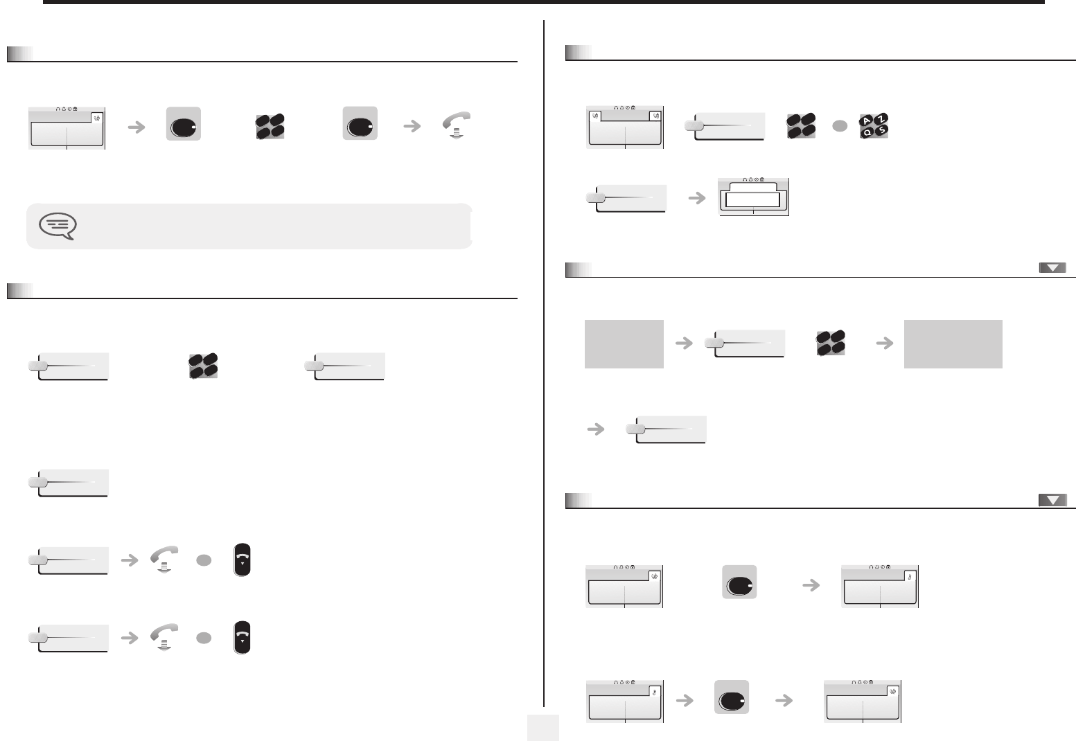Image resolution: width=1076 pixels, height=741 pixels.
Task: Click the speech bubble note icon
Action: pyautogui.click(x=58, y=226)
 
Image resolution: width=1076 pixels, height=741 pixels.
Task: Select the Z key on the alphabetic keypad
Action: pyautogui.click(x=881, y=118)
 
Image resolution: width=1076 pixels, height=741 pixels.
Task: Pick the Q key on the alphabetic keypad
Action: pyautogui.click(x=867, y=132)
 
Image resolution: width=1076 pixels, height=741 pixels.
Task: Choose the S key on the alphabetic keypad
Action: pyautogui.click(x=882, y=130)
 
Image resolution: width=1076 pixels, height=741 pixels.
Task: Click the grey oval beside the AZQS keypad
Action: pyautogui.click(x=840, y=126)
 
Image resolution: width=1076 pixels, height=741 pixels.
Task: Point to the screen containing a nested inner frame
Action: pyautogui.click(x=753, y=197)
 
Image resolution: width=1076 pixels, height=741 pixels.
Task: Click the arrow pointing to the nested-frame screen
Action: pyautogui.click(x=697, y=198)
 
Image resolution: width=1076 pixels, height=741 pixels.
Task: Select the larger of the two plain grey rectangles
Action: pyautogui.click(x=953, y=344)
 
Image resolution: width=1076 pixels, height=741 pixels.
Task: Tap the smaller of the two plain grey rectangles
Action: pyautogui.click(x=624, y=344)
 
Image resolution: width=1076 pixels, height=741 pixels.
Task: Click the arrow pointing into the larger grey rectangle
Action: pyautogui.click(x=885, y=343)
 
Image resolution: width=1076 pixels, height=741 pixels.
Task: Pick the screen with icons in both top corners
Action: pyautogui.click(x=625, y=127)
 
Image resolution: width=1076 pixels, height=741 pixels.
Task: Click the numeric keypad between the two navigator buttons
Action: pyautogui.click(x=270, y=126)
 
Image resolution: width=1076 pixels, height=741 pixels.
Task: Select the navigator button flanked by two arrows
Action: pyautogui.click(x=732, y=697)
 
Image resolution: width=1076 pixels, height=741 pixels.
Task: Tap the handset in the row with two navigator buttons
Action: pyautogui.click(x=457, y=125)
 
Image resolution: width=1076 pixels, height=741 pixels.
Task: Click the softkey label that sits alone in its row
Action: pyautogui.click(x=69, y=483)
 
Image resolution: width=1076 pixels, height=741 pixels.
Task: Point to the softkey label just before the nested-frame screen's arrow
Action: pyautogui.click(x=626, y=198)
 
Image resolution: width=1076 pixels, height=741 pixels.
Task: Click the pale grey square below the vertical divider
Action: pyautogui.click(x=543, y=728)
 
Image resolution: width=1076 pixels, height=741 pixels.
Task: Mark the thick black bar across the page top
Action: pyautogui.click(x=544, y=2)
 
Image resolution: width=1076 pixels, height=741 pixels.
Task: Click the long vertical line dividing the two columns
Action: pyautogui.click(x=544, y=364)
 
